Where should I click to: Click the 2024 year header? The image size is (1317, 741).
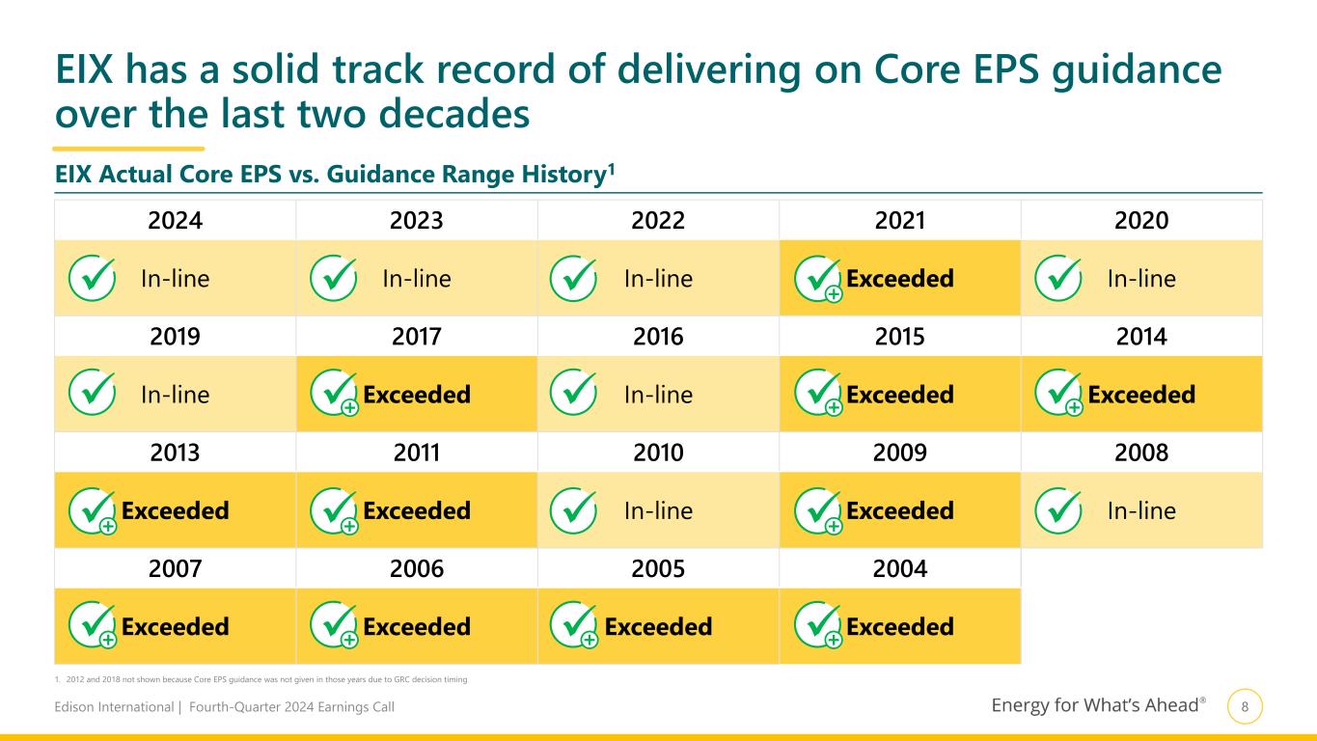[175, 221]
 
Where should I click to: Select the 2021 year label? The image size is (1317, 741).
[899, 221]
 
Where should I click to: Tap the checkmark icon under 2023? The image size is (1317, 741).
[334, 279]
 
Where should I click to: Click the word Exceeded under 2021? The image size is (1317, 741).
[899, 279]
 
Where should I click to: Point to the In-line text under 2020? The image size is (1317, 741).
[1141, 279]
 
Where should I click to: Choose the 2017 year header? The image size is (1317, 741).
[417, 337]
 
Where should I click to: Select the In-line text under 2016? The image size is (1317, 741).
[658, 395]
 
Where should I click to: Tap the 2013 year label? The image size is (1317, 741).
[175, 453]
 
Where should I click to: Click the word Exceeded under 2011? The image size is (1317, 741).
[417, 510]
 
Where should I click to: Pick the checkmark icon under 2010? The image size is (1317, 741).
[574, 510]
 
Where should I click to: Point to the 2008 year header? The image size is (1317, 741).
[1141, 453]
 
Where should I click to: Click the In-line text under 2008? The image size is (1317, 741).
[1141, 510]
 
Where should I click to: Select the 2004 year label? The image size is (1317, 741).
[899, 569]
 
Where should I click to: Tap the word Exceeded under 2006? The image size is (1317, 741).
[417, 627]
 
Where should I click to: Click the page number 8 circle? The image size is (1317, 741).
[1245, 707]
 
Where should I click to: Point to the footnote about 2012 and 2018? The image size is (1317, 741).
[261, 680]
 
